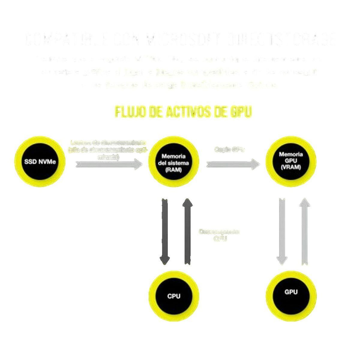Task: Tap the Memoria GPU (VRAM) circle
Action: (291, 160)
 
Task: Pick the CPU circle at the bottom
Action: (174, 296)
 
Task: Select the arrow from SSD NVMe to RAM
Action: (109, 164)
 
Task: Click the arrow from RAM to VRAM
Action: (233, 164)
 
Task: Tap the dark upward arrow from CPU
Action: (187, 231)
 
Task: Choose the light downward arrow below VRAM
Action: (281, 231)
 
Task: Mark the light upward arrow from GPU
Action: (305, 231)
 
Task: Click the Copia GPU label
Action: (229, 149)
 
